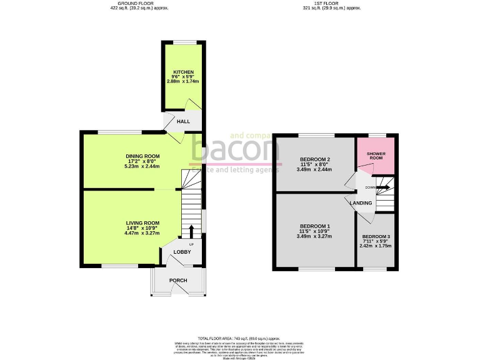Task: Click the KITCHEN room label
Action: [x=183, y=71]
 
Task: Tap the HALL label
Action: [x=183, y=121]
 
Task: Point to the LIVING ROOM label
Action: [x=142, y=223]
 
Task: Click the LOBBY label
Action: [x=182, y=252]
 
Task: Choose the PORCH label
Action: [x=178, y=280]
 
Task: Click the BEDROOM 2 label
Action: [x=314, y=159]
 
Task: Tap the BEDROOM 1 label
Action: [x=314, y=226]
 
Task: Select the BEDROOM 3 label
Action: [x=376, y=236]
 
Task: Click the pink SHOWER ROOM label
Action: [x=376, y=156]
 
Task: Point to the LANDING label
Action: [x=361, y=203]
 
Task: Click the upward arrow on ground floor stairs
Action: [x=191, y=231]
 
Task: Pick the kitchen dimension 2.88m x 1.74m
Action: [x=183, y=81]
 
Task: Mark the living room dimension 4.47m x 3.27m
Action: [x=142, y=233]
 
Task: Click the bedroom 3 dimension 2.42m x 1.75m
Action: [x=376, y=246]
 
